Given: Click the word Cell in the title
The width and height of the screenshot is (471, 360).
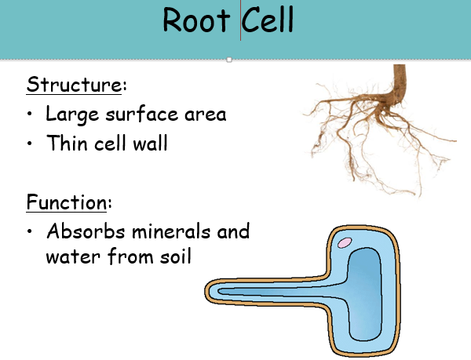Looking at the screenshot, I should pyautogui.click(x=268, y=20).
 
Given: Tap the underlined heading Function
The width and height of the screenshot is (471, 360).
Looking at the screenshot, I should pyautogui.click(x=66, y=203).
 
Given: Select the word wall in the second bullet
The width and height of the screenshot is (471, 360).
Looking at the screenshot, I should pyautogui.click(x=148, y=144).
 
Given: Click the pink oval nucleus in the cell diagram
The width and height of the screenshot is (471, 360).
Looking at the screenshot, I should pyautogui.click(x=344, y=242).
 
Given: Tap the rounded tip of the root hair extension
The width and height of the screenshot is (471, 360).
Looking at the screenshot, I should pyautogui.click(x=213, y=292).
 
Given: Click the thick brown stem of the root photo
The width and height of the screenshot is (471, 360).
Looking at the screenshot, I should pyautogui.click(x=400, y=79).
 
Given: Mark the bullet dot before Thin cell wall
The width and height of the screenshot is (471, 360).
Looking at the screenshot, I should pyautogui.click(x=30, y=145).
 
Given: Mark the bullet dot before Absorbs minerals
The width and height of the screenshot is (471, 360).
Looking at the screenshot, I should pyautogui.click(x=30, y=233).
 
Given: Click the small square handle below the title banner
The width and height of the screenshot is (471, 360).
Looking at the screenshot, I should pyautogui.click(x=228, y=60).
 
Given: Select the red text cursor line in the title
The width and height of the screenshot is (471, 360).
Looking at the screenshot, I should pyautogui.click(x=240, y=22).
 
